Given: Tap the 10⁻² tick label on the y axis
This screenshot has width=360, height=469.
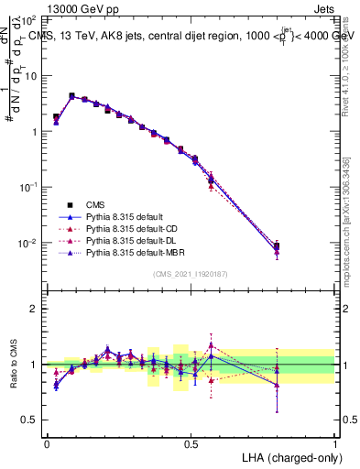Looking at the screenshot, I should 28,243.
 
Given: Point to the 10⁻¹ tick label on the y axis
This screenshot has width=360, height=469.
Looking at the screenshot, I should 28,187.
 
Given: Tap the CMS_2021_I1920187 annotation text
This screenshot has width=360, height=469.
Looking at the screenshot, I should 191,274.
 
